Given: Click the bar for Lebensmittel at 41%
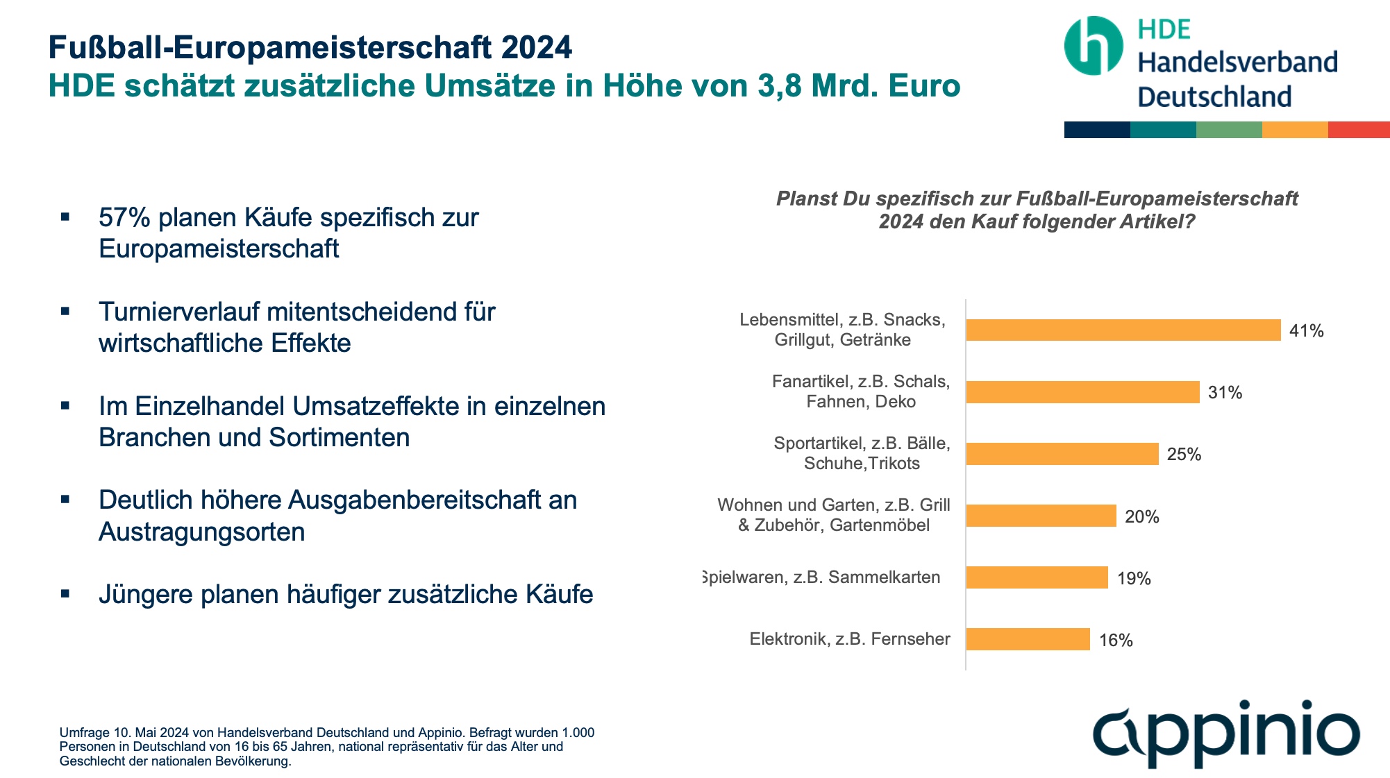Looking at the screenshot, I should pos(1123,330).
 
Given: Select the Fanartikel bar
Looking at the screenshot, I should pos(1082,392).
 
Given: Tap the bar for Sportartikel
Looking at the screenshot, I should pos(1062,454).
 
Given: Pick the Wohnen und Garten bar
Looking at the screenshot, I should pos(1041,516).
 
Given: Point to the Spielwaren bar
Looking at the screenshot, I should pos(1037,577).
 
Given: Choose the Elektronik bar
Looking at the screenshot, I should pos(1028,639).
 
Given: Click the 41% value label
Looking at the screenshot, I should pos(1306,331).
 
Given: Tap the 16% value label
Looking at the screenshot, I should pos(1116,641).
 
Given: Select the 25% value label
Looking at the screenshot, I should pos(1184,455).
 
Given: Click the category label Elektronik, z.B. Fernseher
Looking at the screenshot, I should pos(849,639).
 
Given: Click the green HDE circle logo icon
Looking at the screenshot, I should pos(1093,46).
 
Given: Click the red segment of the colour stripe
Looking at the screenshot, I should pos(1358,130).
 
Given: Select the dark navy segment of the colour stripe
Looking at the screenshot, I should pos(1097,130).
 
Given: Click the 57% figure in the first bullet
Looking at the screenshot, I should pos(124,218).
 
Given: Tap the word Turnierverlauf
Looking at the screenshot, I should pos(178,312).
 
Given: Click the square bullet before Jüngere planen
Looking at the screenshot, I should pos(65,594).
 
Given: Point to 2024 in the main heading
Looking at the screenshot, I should pos(537,48).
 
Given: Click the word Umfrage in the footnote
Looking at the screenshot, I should pos(85,733).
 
